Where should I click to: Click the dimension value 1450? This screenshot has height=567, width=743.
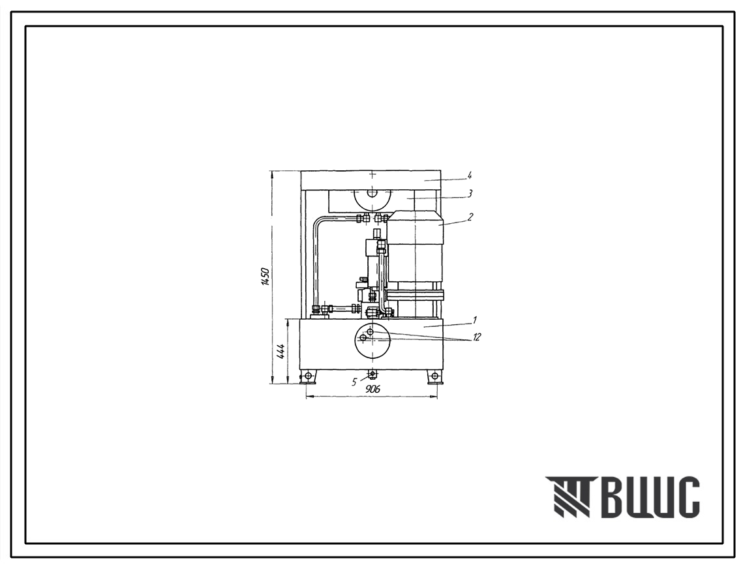click(265, 277)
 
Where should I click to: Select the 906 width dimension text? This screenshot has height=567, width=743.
click(373, 390)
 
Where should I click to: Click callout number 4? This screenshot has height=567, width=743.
click(469, 176)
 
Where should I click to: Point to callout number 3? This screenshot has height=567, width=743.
click(469, 193)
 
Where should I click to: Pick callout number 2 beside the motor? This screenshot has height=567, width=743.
click(469, 217)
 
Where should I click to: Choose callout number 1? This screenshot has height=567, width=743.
click(474, 320)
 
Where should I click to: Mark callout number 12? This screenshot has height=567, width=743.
click(476, 337)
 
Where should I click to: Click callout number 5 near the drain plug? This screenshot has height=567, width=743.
click(354, 382)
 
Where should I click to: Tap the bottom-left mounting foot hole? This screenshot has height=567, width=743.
click(309, 376)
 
